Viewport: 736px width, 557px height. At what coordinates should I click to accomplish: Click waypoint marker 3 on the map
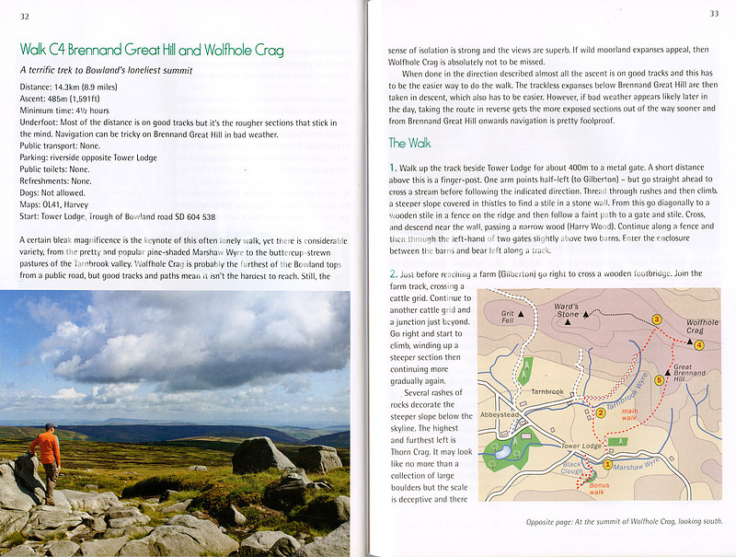coord(656,319)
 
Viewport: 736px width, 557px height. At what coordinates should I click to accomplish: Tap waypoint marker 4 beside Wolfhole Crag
coord(699,345)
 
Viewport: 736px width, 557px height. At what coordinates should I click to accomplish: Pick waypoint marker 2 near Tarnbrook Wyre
coord(600,412)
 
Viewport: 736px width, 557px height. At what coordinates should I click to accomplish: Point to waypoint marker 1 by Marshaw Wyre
coord(607,466)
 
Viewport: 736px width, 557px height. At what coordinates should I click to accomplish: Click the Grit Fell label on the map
coord(508,316)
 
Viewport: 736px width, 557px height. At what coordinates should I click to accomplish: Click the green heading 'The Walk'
coord(409,143)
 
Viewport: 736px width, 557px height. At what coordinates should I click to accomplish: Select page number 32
coord(24,15)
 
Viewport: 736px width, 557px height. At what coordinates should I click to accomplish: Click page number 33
coord(714,13)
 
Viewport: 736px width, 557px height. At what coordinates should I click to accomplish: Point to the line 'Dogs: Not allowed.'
coord(55,193)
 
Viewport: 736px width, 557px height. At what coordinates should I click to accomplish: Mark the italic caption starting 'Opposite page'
coord(617,521)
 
